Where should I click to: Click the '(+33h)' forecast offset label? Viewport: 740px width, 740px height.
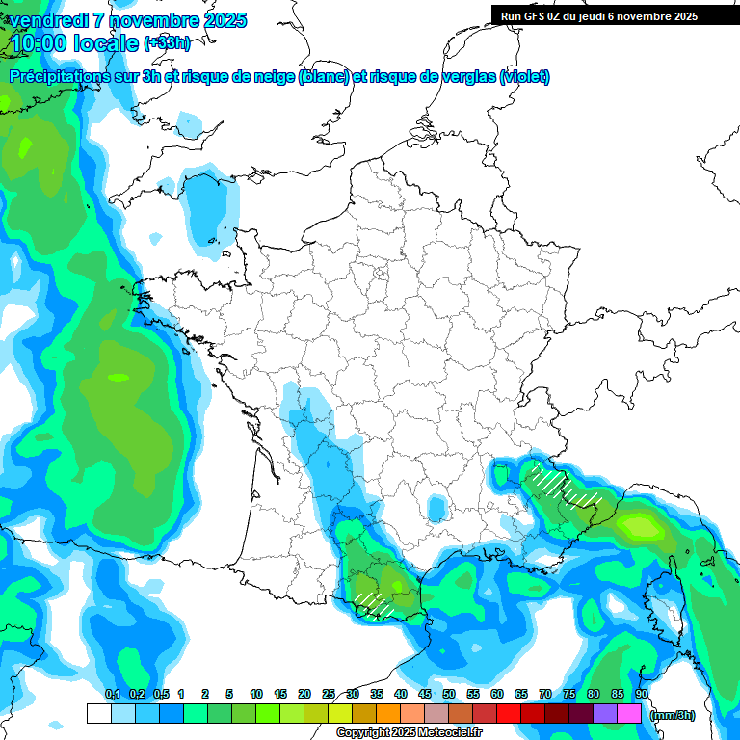pos(167,42)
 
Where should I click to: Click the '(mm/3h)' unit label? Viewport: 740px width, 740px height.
pos(673,715)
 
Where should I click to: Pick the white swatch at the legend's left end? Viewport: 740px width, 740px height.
pos(98,714)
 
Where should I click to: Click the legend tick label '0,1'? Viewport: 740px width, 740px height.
pos(112,694)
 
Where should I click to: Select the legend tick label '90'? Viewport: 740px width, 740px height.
pos(641,694)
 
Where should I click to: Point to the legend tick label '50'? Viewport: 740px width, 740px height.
pos(449,694)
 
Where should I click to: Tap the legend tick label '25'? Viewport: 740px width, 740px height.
pos(329,694)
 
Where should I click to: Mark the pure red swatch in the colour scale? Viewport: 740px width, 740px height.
pos(509,714)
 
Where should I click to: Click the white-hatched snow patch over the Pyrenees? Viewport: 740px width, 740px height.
pos(374,603)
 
